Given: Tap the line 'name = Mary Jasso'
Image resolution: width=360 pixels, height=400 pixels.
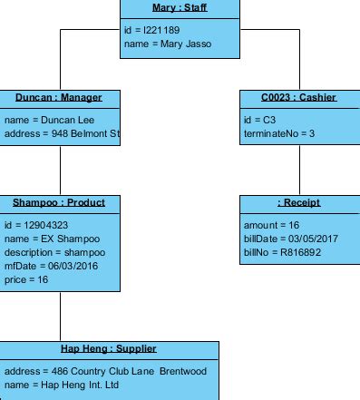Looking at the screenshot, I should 168,43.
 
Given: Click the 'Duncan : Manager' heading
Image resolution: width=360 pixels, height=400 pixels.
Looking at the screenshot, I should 59,98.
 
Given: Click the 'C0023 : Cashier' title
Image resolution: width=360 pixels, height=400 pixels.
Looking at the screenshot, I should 299,98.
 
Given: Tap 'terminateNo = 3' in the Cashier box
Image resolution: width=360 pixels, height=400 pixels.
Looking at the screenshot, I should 279,133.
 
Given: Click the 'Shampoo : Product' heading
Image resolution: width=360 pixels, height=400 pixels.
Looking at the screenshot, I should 59,203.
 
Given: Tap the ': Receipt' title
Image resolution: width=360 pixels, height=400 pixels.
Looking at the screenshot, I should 299,203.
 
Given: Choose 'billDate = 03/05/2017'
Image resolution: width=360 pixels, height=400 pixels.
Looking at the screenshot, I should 289,239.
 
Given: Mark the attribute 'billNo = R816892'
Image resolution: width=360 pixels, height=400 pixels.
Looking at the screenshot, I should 283,252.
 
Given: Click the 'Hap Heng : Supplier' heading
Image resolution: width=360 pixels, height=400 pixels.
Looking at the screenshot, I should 109,349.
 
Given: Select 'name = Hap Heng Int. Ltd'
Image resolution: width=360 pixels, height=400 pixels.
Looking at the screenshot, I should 62,385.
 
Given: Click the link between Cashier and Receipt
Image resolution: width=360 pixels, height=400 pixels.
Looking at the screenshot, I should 299,170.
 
